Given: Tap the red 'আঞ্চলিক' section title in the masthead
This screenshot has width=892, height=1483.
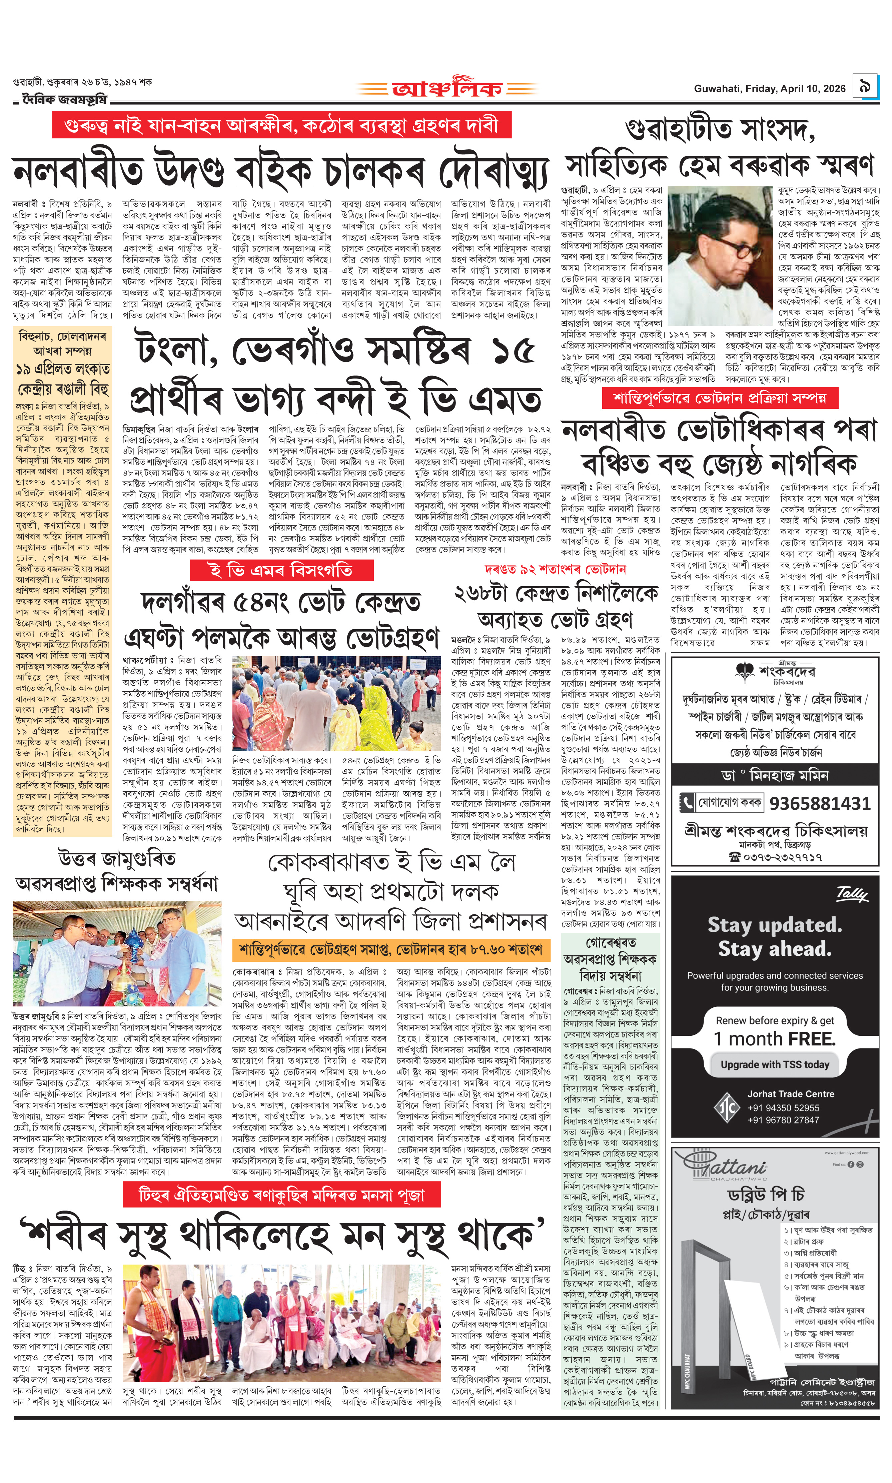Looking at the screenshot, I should (446, 89).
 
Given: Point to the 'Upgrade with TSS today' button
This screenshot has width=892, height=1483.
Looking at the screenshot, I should (775, 1064).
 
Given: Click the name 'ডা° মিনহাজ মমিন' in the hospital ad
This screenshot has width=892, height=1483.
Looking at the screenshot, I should (775, 775).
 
